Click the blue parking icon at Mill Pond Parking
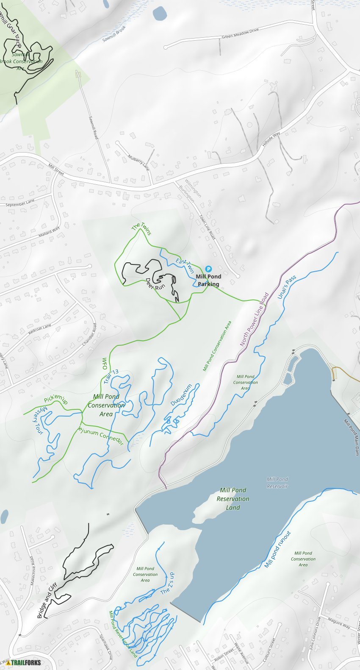pyautogui.click(x=208, y=269)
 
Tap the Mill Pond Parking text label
pyautogui.click(x=208, y=280)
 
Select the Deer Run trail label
pyautogui.click(x=155, y=284)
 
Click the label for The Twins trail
pyautogui.click(x=141, y=228)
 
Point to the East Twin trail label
pyautogui.click(x=185, y=265)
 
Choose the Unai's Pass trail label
pyautogui.click(x=287, y=287)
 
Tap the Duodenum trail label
pyautogui.click(x=181, y=395)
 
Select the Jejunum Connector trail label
pyautogui.click(x=100, y=435)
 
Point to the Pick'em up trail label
pyautogui.click(x=55, y=399)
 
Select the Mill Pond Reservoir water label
pyautogui.click(x=277, y=483)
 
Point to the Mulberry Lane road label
pyautogui.click(x=138, y=162)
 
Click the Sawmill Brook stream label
pyautogui.click(x=114, y=34)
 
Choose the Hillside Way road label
pyautogui.click(x=271, y=139)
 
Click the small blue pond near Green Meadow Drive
pyautogui.click(x=160, y=13)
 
